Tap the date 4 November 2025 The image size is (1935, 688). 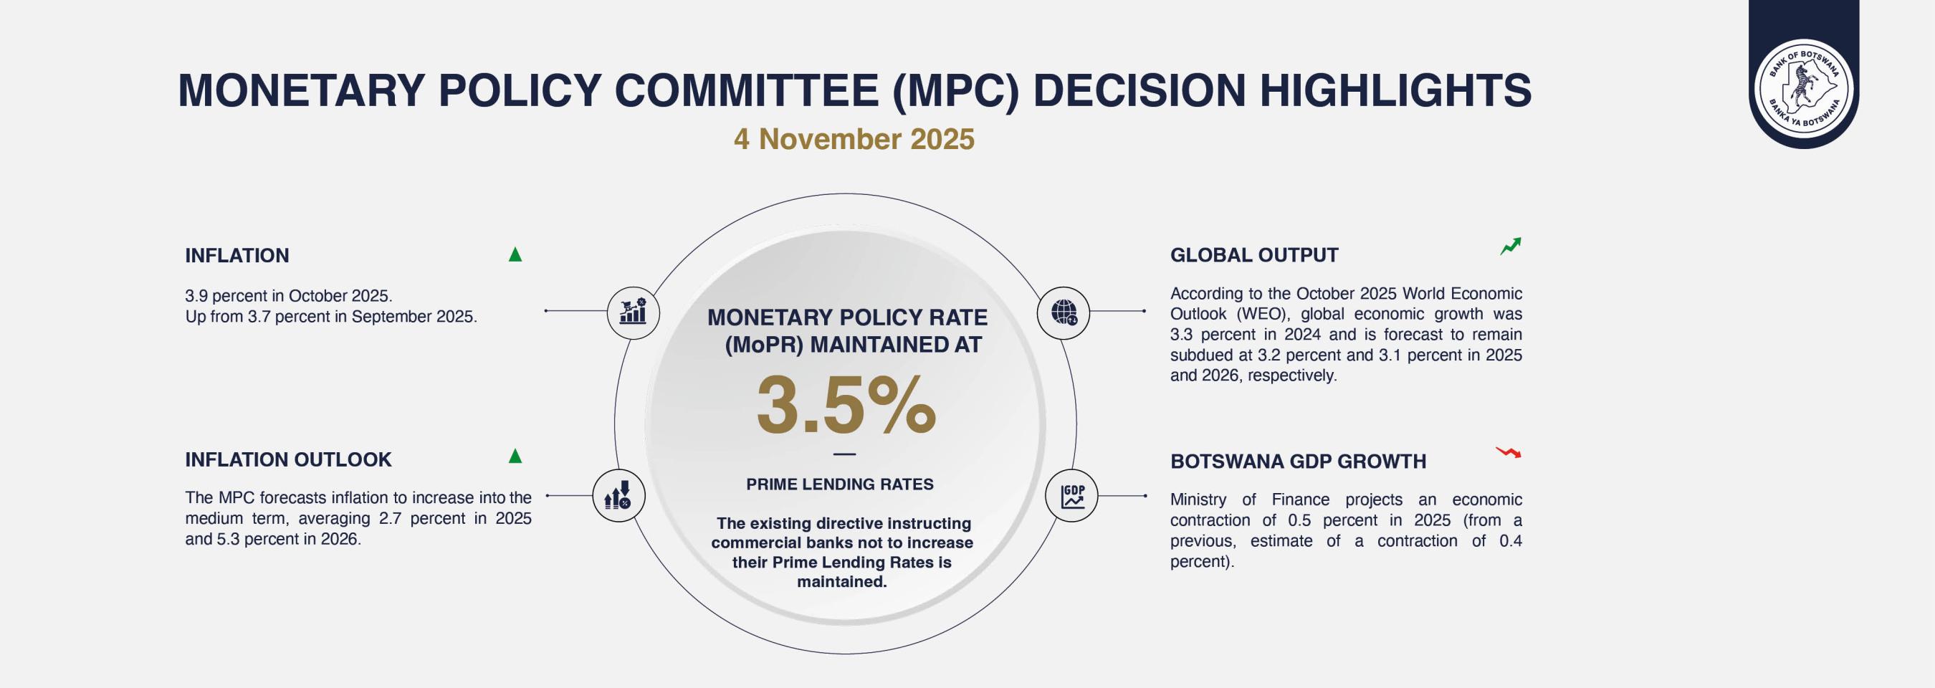pyautogui.click(x=854, y=139)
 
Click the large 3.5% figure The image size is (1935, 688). pyautogui.click(x=846, y=405)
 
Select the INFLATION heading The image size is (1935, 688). pyautogui.click(x=236, y=255)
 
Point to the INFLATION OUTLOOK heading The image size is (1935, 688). pyautogui.click(x=288, y=459)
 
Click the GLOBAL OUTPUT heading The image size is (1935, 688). pyautogui.click(x=1253, y=255)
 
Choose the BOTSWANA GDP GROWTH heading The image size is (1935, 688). pyautogui.click(x=1298, y=461)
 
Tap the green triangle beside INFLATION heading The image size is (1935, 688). pyautogui.click(x=515, y=254)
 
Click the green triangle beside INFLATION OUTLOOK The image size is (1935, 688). pyautogui.click(x=515, y=455)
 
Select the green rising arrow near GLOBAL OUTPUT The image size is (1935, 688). pyautogui.click(x=1511, y=247)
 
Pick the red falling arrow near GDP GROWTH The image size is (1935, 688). pyautogui.click(x=1508, y=452)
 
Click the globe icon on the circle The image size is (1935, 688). pyautogui.click(x=1064, y=312)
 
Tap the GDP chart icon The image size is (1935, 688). pyautogui.click(x=1072, y=497)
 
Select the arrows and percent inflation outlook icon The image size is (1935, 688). pyautogui.click(x=618, y=496)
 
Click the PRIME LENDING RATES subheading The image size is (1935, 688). pyautogui.click(x=840, y=484)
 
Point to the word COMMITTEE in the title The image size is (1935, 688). pyautogui.click(x=747, y=90)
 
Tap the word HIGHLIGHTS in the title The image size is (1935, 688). pyautogui.click(x=1395, y=90)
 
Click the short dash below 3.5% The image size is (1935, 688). pyautogui.click(x=845, y=454)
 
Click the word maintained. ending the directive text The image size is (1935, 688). pyautogui.click(x=842, y=582)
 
